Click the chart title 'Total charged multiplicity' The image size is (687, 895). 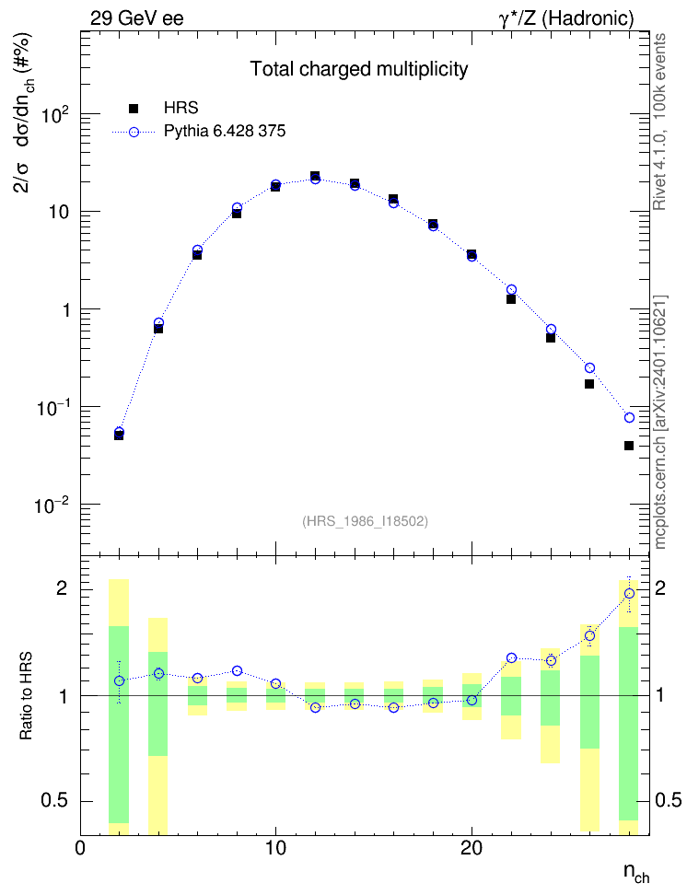coord(359,69)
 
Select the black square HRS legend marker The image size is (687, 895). coord(134,108)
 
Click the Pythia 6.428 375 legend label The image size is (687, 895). coord(225,132)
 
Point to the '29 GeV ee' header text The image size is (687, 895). coord(137,18)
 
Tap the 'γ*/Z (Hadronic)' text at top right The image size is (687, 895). coord(566,18)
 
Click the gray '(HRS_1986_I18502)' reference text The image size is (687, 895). coord(365,520)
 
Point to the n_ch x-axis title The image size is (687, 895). coord(636,873)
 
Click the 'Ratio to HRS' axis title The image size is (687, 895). coord(27,696)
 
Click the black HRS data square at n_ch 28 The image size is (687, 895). coord(629,446)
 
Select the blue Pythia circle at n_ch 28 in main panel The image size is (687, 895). coord(629,418)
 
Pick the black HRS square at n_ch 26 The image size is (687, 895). coord(589,384)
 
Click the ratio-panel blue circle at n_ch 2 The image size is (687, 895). coord(119,681)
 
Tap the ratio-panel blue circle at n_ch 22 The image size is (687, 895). coord(511,658)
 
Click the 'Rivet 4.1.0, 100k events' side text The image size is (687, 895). coord(659,122)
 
